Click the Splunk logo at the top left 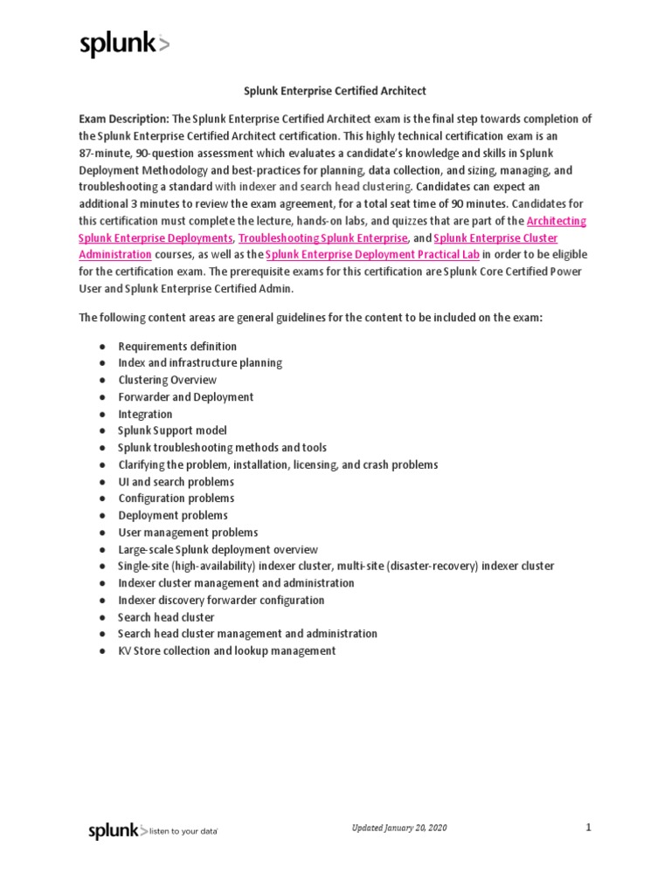pyautogui.click(x=124, y=45)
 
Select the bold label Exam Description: pyautogui.click(x=124, y=119)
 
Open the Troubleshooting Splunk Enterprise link pyautogui.click(x=323, y=237)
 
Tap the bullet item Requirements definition pyautogui.click(x=177, y=346)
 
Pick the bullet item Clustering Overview pyautogui.click(x=168, y=380)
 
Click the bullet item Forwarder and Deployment pyautogui.click(x=186, y=396)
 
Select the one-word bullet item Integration pyautogui.click(x=146, y=414)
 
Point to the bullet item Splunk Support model pyautogui.click(x=172, y=430)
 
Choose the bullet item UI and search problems pyautogui.click(x=176, y=481)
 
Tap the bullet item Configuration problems pyautogui.click(x=176, y=499)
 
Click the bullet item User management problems pyautogui.click(x=188, y=532)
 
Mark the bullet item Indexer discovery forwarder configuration pyautogui.click(x=221, y=600)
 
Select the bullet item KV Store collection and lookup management pyautogui.click(x=227, y=650)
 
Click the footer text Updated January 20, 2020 pyautogui.click(x=399, y=828)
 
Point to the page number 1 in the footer pyautogui.click(x=589, y=827)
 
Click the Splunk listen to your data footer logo pyautogui.click(x=153, y=831)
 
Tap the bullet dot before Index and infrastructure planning pyautogui.click(x=103, y=363)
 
